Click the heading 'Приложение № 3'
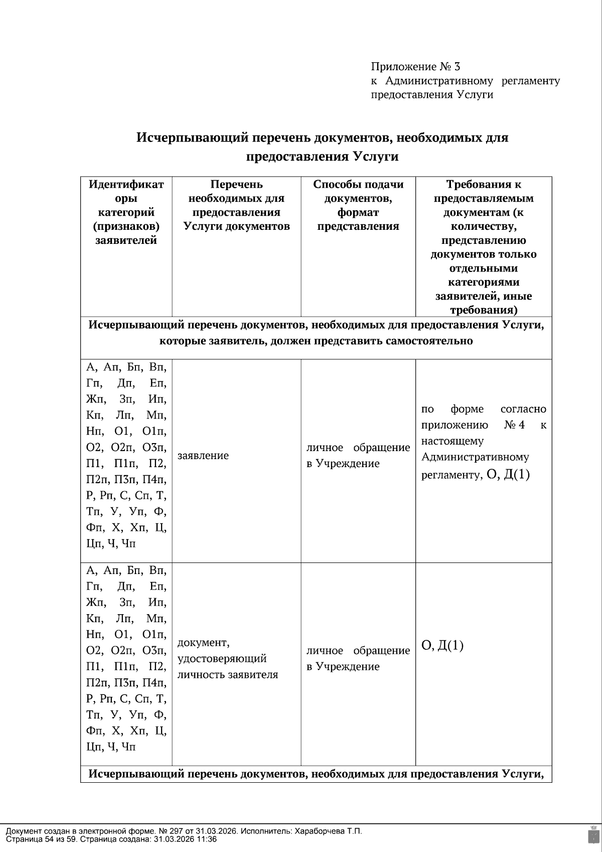pyautogui.click(x=415, y=66)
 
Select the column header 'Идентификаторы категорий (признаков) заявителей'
pyautogui.click(x=126, y=212)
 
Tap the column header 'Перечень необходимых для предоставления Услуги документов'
pyautogui.click(x=236, y=205)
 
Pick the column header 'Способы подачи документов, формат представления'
pyautogui.click(x=358, y=205)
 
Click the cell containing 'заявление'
pyautogui.click(x=203, y=456)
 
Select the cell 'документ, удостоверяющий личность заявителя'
pyautogui.click(x=227, y=658)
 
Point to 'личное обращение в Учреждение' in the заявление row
pyautogui.click(x=358, y=456)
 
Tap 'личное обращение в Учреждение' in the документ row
pyautogui.click(x=358, y=658)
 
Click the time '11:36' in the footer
pyautogui.click(x=207, y=839)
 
